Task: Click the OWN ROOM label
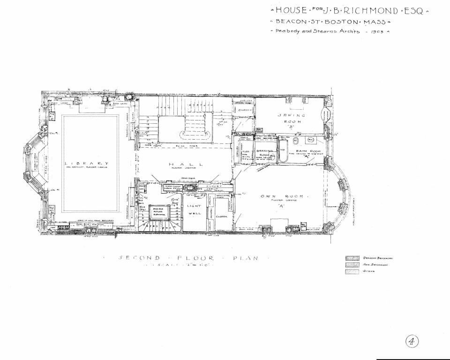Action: point(282,197)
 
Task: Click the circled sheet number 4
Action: point(412,341)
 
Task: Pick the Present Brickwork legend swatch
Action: point(352,258)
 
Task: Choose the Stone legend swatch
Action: point(352,271)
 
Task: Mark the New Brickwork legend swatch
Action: point(352,264)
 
